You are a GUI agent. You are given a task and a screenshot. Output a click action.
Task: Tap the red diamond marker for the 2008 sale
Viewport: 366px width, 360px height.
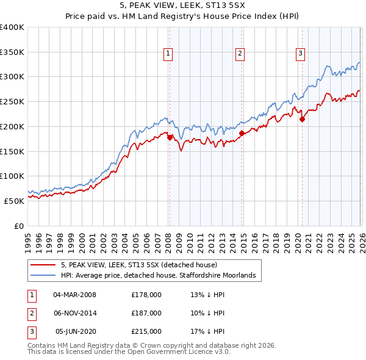coord(170,138)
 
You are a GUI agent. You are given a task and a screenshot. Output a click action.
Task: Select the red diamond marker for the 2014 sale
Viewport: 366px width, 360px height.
coord(242,133)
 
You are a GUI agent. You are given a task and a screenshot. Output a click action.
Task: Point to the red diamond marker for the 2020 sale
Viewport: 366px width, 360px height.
coord(302,120)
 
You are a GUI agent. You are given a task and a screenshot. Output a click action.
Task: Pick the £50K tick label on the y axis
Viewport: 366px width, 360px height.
coord(15,201)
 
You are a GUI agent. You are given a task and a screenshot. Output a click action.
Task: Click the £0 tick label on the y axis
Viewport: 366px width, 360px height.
coord(19,226)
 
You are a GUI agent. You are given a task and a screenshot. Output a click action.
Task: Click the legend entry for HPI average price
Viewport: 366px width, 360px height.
coord(161,276)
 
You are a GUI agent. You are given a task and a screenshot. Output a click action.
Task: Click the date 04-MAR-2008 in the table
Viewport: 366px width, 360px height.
coord(74,295)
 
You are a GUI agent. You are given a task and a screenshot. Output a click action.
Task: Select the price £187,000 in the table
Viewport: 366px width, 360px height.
coord(146,313)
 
